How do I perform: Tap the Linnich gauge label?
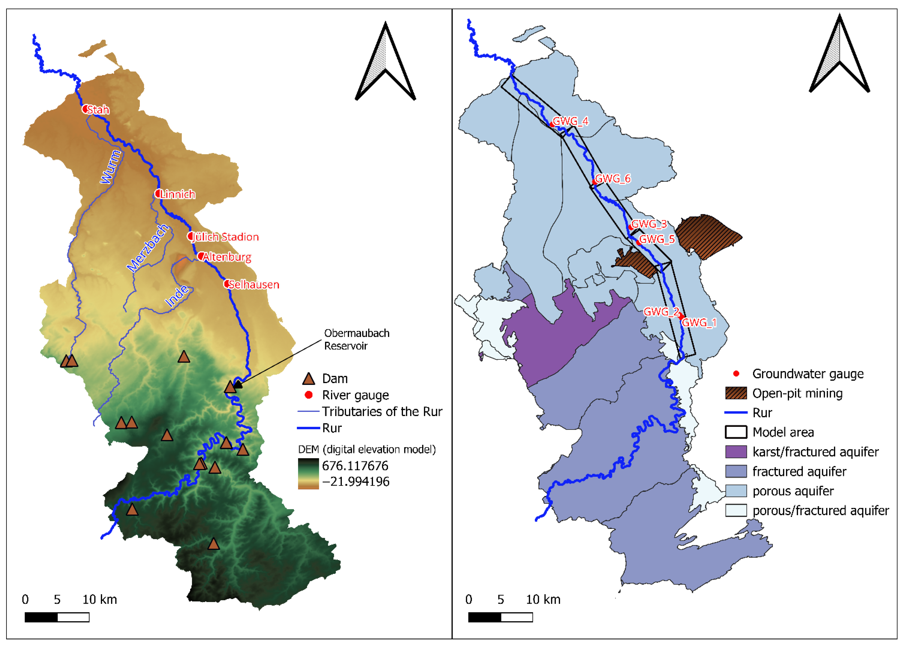[x=178, y=194]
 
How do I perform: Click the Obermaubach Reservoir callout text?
[x=356, y=339]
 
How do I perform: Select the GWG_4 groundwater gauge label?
[x=571, y=121]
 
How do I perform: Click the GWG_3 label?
[x=649, y=224]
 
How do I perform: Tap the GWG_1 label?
[x=699, y=322]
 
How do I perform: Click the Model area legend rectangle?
[x=736, y=432]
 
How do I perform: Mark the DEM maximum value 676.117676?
[x=355, y=466]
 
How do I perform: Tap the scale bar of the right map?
[x=501, y=617]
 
